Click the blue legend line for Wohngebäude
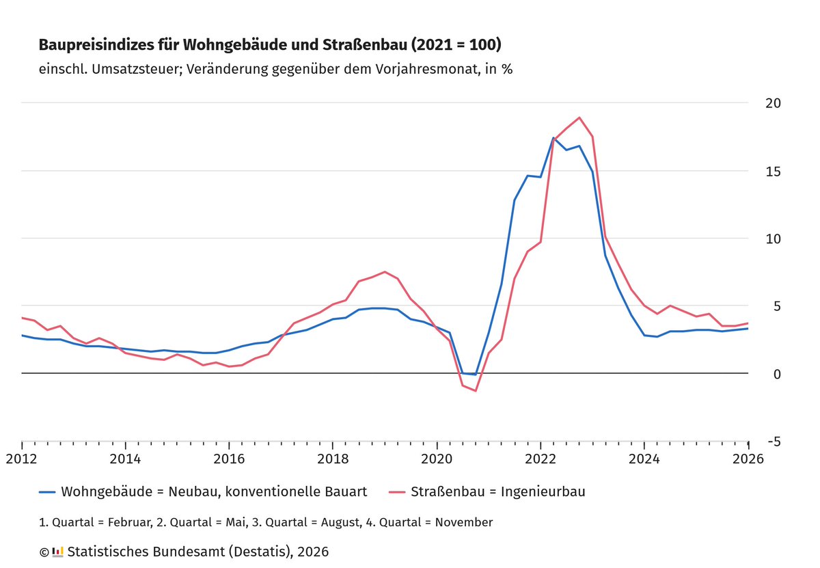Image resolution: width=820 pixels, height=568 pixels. tap(47, 491)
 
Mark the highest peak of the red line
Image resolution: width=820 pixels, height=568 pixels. tap(579, 118)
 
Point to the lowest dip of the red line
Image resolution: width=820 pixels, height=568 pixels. tap(476, 391)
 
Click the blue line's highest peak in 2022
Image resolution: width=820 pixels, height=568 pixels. tap(553, 138)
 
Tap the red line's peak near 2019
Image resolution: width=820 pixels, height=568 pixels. tap(385, 272)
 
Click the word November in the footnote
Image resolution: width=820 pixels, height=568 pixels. tap(463, 522)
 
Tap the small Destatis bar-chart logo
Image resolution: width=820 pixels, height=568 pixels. tap(58, 551)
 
